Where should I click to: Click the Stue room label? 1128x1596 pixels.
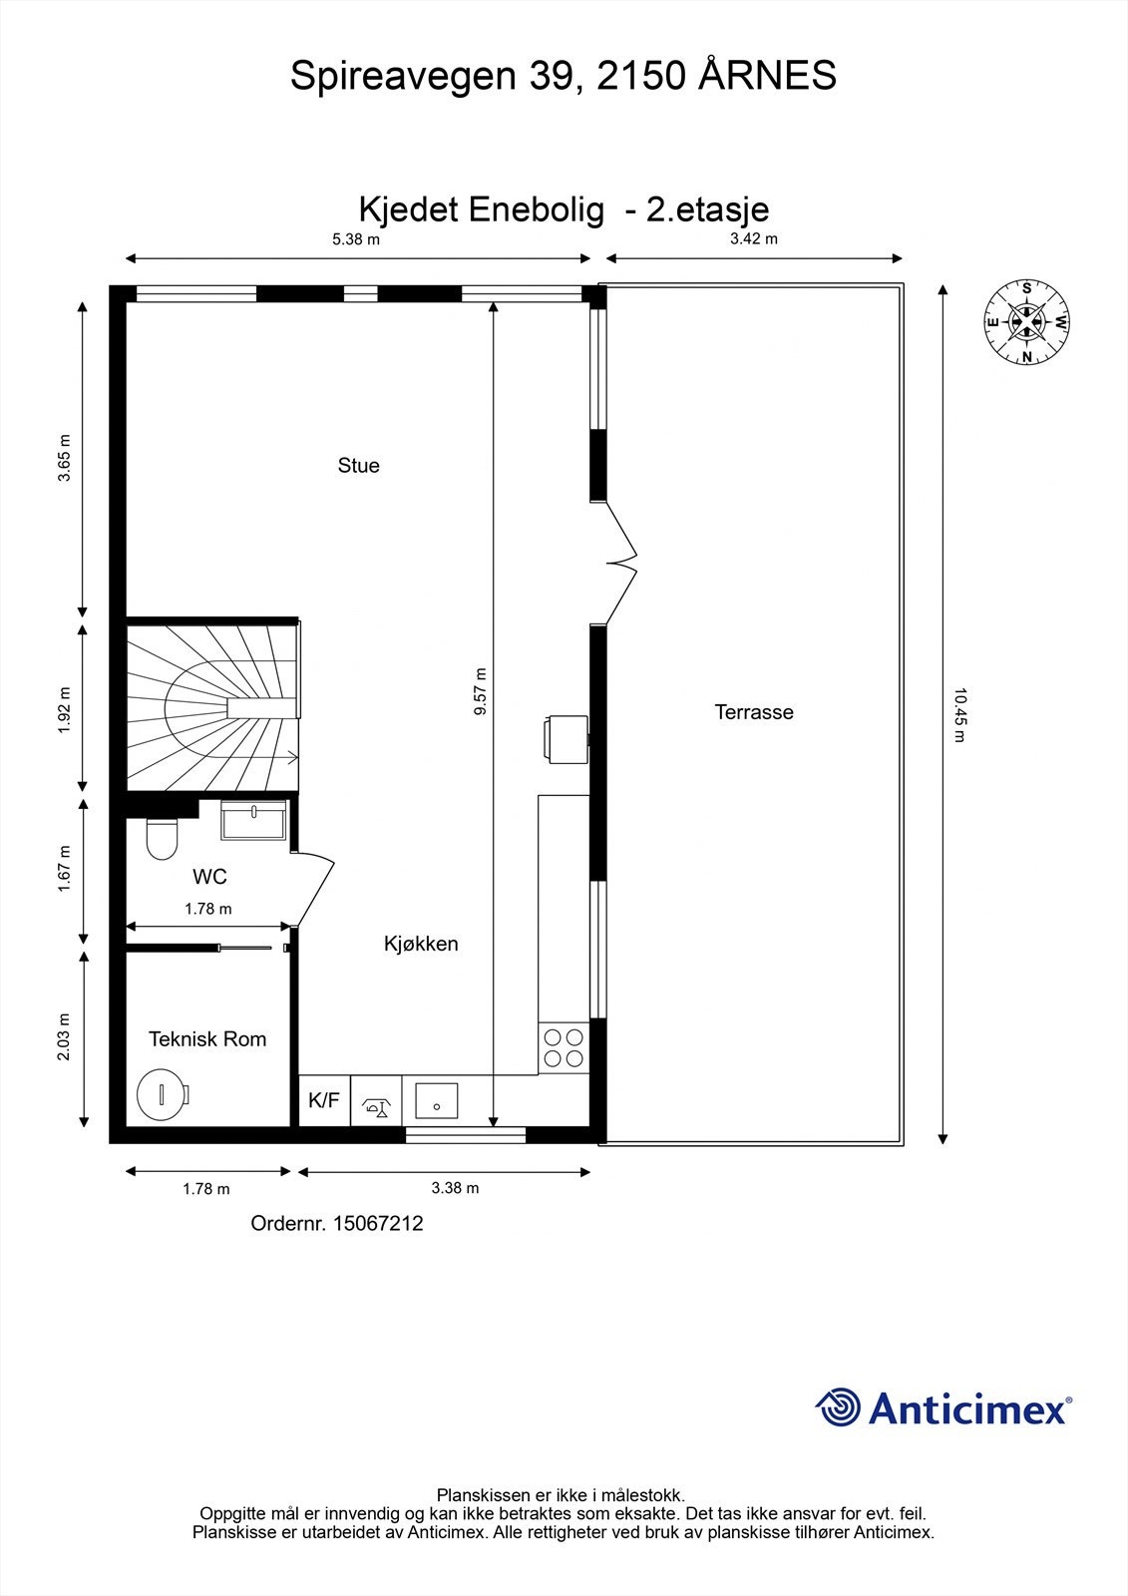pos(358,466)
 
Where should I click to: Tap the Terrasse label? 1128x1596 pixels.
pos(754,712)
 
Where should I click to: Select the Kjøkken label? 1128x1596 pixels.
pos(421,944)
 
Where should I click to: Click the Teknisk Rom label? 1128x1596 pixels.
pos(207,1039)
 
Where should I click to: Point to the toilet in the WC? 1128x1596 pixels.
pos(161,838)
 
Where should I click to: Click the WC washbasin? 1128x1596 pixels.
pos(254,821)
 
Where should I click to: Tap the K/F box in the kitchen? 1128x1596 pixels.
pos(324,1101)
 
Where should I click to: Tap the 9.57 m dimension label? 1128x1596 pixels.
pos(480,692)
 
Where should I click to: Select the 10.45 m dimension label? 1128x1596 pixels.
pos(958,714)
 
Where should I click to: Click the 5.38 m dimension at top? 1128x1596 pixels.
pos(356,239)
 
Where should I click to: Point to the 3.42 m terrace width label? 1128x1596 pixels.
pos(754,239)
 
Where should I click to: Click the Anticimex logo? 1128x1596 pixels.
pos(943,1407)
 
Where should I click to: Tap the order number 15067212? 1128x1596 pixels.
pos(337,1223)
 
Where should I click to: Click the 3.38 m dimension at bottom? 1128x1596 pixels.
pos(455,1188)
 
